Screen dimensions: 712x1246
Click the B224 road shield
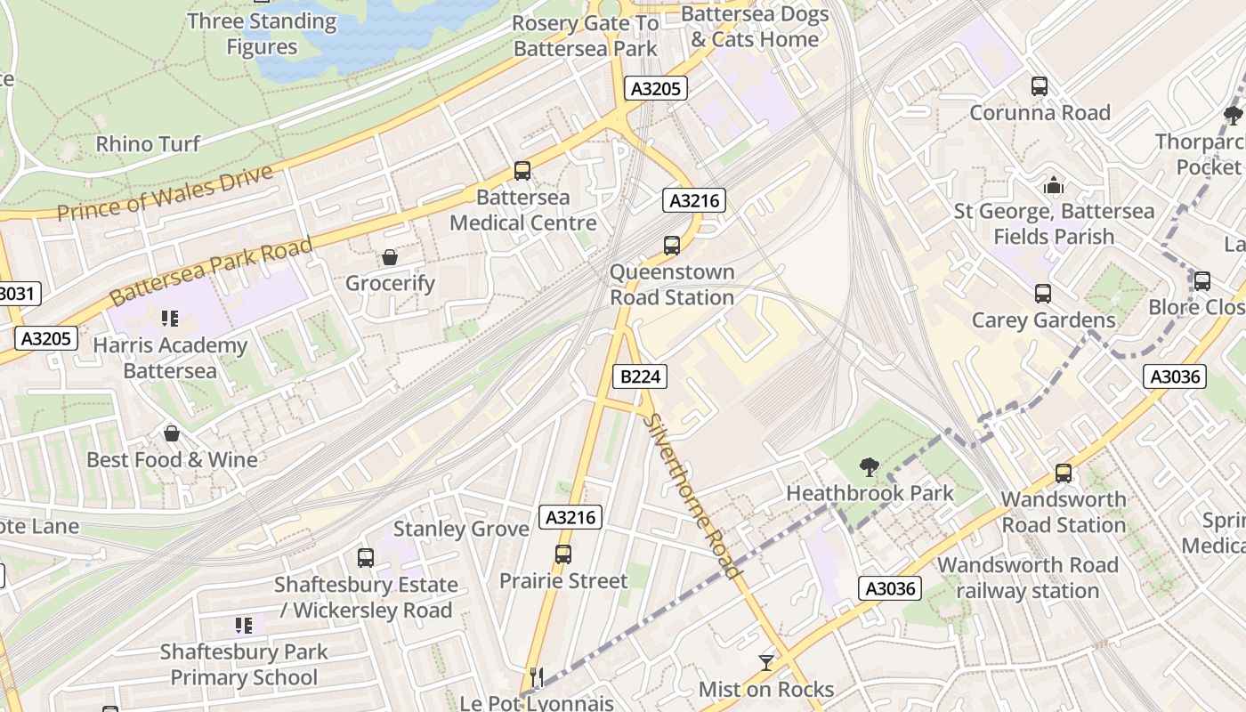[640, 376]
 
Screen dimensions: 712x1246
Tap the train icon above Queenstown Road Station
[672, 246]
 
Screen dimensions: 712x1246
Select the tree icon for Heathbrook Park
[869, 466]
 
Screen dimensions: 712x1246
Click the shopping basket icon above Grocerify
[390, 258]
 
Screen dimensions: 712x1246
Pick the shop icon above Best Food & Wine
[172, 433]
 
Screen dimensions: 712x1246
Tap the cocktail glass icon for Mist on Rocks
[765, 662]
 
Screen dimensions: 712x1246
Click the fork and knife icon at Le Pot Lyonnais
[536, 676]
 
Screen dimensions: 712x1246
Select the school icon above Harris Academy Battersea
[170, 319]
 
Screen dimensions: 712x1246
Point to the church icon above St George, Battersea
[1054, 186]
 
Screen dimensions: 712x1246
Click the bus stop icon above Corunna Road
[1040, 86]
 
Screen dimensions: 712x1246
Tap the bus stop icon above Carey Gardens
[1043, 294]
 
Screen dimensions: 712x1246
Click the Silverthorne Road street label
[692, 497]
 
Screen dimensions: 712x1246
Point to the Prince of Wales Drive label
[166, 193]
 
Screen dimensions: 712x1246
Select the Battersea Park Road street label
[212, 271]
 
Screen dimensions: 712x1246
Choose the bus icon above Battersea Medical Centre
[522, 171]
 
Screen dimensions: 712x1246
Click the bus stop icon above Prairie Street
[563, 554]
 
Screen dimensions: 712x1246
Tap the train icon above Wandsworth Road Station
[1064, 473]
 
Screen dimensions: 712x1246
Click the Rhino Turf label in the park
[148, 143]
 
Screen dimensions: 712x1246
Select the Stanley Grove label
[461, 529]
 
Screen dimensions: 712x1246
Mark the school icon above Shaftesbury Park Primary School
[243, 626]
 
